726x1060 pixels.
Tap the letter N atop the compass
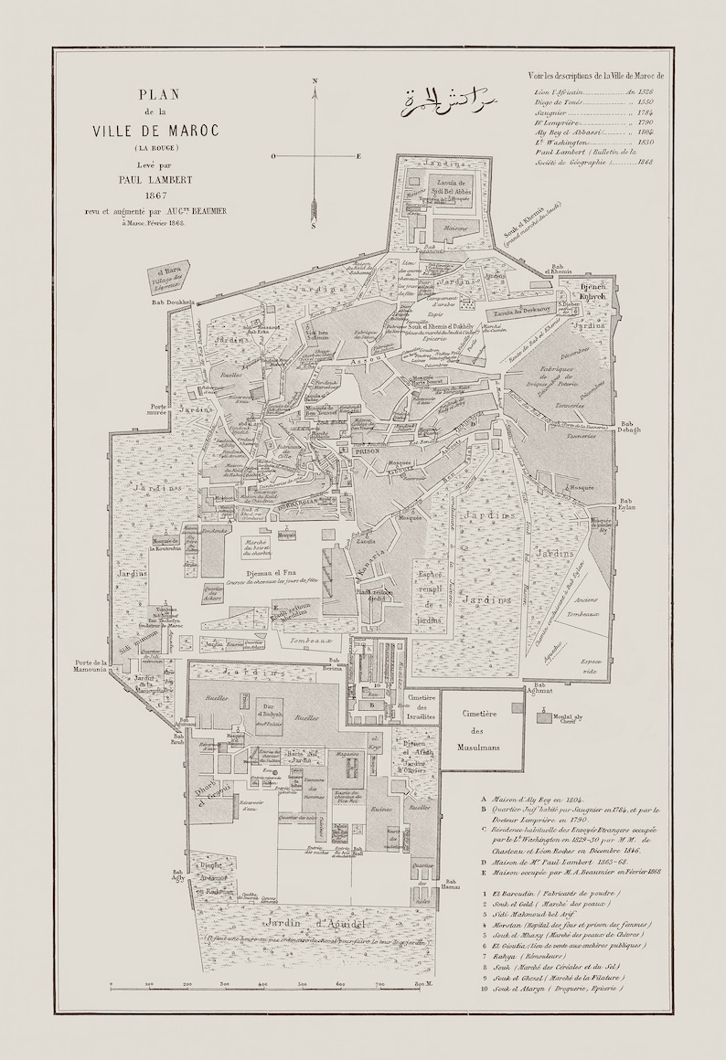coord(315,81)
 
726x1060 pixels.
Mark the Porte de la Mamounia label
coord(94,666)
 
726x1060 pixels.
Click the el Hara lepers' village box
coord(170,277)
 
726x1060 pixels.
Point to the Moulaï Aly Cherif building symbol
coord(544,718)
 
